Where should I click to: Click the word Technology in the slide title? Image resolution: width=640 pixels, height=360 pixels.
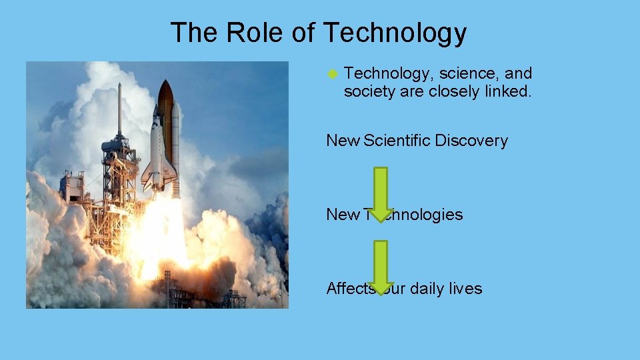pyautogui.click(x=395, y=33)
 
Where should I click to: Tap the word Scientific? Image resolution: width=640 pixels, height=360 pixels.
pyautogui.click(x=397, y=141)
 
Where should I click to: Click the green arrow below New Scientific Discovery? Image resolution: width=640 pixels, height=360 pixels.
pyautogui.click(x=380, y=193)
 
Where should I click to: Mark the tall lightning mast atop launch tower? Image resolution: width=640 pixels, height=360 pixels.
pyautogui.click(x=119, y=107)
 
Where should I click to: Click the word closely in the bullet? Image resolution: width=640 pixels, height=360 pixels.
pyautogui.click(x=453, y=91)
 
